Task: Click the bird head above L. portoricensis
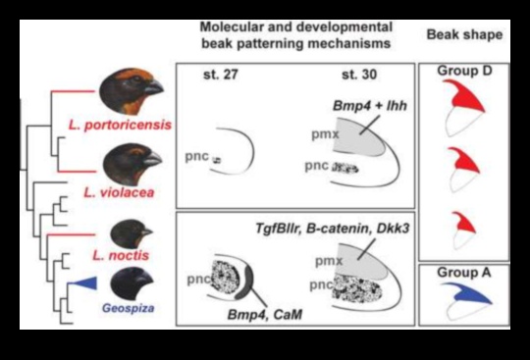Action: [x=132, y=91]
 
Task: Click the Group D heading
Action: [x=462, y=71]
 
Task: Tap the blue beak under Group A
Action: [x=463, y=300]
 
